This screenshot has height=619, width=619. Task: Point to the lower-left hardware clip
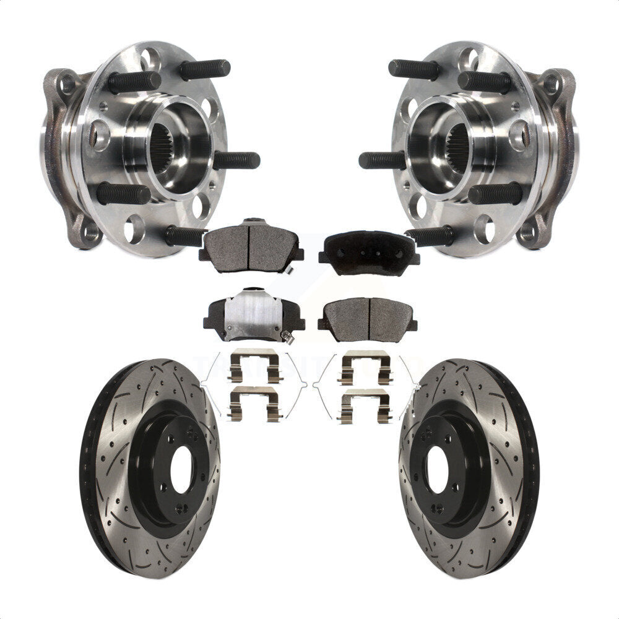[254, 403]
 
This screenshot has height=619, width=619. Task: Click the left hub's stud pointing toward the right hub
[238, 160]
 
